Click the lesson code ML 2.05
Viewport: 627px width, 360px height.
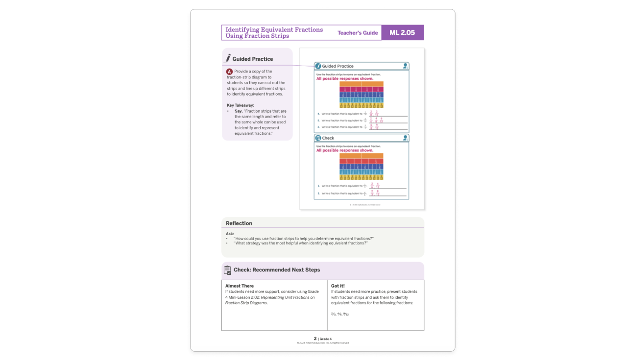[402, 33]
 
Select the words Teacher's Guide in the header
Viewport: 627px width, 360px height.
[358, 33]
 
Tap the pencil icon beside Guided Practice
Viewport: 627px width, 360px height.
[228, 58]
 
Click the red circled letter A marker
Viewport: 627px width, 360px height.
[229, 72]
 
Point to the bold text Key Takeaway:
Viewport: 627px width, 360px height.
[241, 105]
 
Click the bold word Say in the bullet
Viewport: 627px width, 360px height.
[238, 111]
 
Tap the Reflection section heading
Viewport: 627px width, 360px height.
[239, 223]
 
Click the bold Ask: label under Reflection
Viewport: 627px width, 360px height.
[230, 234]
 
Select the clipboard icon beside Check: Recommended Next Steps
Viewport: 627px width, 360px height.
[227, 270]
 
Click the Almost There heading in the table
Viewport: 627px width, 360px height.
[240, 286]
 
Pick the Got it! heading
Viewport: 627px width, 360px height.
[338, 286]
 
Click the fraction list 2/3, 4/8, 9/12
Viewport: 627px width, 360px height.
[340, 314]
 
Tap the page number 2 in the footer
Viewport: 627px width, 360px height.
[315, 338]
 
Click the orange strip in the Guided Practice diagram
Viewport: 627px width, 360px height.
[362, 84]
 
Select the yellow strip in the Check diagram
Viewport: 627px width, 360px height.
[362, 177]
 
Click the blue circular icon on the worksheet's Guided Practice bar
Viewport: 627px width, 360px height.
[318, 66]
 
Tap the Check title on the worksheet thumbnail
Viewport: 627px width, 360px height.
[328, 138]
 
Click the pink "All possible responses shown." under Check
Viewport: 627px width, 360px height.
[344, 150]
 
